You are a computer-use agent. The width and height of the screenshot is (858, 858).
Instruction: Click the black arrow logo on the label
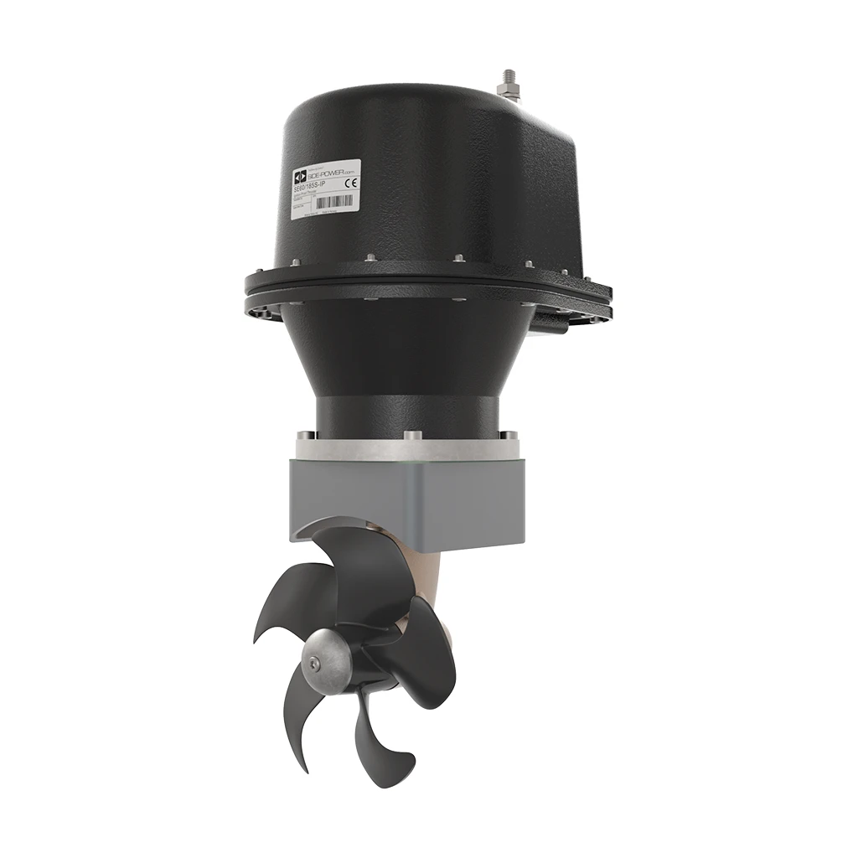coord(298,178)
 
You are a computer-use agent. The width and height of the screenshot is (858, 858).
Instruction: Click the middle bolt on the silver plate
coord(411,435)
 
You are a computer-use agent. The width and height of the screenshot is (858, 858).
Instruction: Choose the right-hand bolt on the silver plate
coord(509,435)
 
